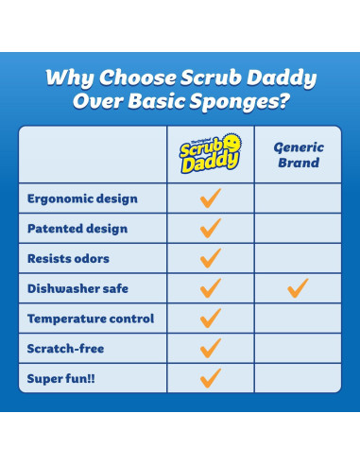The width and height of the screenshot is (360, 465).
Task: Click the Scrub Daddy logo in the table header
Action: [x=211, y=155]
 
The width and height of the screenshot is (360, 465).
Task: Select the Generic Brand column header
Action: [x=298, y=155]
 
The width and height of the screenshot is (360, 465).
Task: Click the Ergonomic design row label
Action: [x=82, y=198]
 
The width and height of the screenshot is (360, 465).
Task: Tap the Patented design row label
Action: [x=77, y=229]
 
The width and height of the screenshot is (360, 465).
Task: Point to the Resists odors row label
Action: [x=68, y=259]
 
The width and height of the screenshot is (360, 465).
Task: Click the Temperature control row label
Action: [x=91, y=319]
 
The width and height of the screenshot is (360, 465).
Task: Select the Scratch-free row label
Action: [x=65, y=349]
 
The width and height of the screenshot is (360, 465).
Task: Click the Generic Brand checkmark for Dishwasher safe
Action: [x=298, y=288]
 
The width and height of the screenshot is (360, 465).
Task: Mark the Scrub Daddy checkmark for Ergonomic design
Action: [x=211, y=198]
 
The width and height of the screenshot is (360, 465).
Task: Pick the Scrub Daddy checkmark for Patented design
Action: [x=211, y=228]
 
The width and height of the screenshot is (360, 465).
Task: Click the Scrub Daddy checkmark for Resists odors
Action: [x=211, y=258]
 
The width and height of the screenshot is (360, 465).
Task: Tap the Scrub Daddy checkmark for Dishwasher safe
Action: [x=211, y=288]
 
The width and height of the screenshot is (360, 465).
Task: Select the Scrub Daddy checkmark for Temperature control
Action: [x=211, y=318]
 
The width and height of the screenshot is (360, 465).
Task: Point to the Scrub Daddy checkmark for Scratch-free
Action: [x=211, y=348]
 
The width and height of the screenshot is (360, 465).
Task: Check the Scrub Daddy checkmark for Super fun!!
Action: [x=211, y=377]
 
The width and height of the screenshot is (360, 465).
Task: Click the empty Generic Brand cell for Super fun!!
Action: [x=298, y=378]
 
